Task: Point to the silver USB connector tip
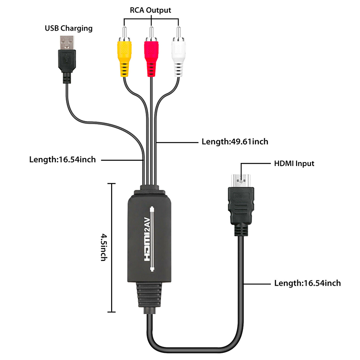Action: [x=67, y=43]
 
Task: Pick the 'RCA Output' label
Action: [x=151, y=10]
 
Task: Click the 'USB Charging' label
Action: [x=68, y=28]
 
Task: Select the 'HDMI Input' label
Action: [x=294, y=163]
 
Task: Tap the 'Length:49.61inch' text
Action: [x=235, y=142]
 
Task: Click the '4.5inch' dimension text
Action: [x=103, y=247]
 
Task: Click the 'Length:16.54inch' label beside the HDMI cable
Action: [x=307, y=283]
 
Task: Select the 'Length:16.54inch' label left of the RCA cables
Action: [x=62, y=159]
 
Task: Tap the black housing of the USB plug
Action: [x=66, y=63]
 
